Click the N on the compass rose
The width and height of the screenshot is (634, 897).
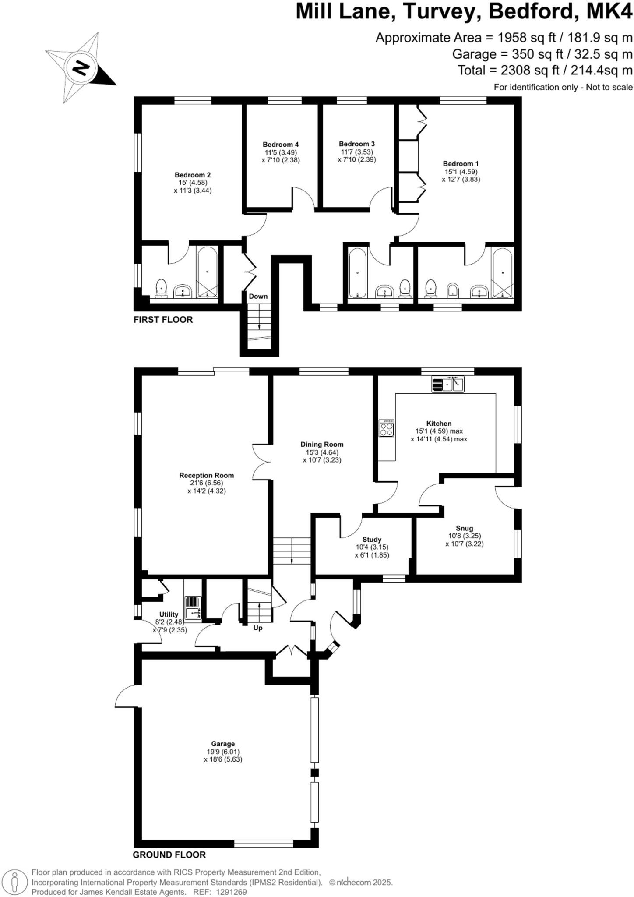click(80, 68)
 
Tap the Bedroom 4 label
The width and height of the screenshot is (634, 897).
click(281, 145)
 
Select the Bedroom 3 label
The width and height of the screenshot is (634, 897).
click(356, 144)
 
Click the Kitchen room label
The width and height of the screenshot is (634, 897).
click(439, 424)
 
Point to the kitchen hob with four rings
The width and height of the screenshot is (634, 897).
click(387, 428)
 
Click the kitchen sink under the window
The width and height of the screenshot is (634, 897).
click(448, 385)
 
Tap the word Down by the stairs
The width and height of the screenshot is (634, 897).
click(258, 296)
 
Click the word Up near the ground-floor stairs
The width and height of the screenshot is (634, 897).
click(258, 628)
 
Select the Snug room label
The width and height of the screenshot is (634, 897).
click(464, 528)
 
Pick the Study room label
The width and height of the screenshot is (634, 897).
click(372, 540)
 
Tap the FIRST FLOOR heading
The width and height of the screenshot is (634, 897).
click(163, 320)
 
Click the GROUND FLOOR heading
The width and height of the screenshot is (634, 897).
click(169, 855)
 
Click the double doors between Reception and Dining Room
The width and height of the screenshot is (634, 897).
click(261, 463)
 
